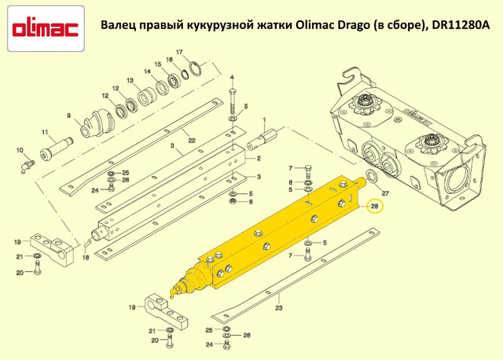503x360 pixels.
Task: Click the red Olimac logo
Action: [46, 29]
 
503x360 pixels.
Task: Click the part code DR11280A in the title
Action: [461, 25]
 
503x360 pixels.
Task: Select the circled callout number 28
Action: [374, 206]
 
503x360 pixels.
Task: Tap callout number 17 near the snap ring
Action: [179, 52]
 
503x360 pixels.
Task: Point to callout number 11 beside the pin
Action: [45, 132]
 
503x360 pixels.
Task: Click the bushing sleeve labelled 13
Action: [146, 96]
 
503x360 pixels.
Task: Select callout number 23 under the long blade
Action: [279, 308]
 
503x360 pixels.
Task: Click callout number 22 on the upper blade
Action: [192, 141]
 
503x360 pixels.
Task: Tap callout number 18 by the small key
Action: [86, 257]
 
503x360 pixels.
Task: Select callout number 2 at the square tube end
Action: [259, 159]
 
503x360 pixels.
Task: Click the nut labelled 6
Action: [233, 201]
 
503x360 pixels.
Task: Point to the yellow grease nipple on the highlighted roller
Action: [173, 292]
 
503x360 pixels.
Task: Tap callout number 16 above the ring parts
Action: [170, 60]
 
